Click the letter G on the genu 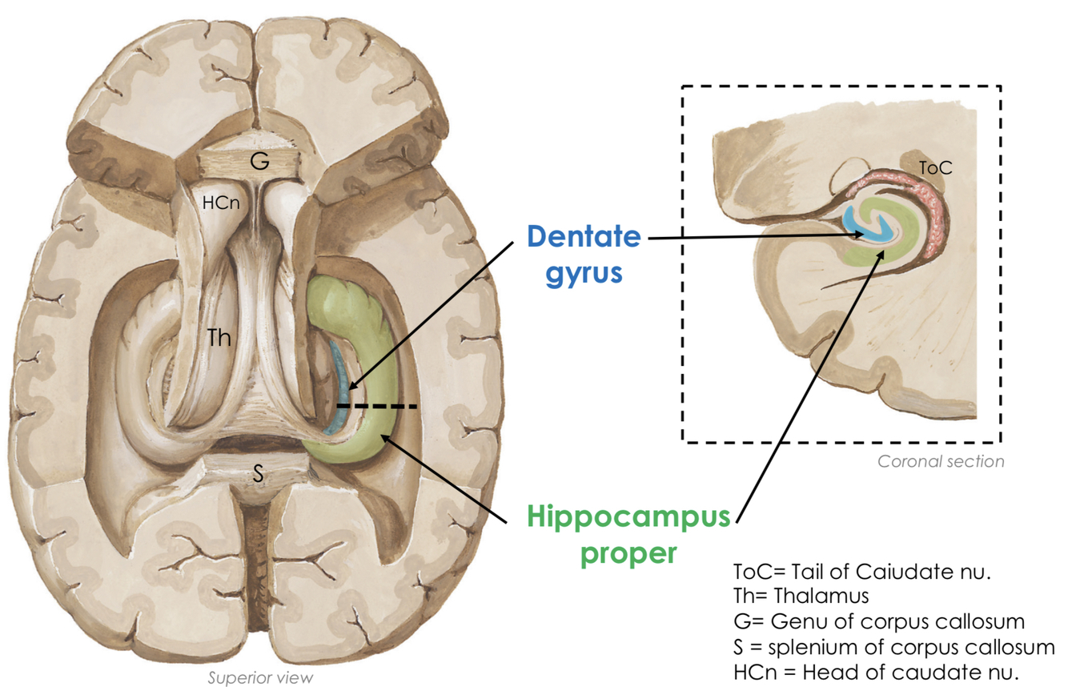tap(259, 162)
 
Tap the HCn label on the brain tap(219, 203)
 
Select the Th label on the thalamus tap(219, 338)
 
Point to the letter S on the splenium tap(258, 473)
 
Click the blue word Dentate tap(584, 237)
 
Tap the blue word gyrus tap(584, 273)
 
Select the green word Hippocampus tap(628, 518)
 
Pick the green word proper tap(628, 553)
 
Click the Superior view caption tap(260, 678)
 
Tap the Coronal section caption tap(941, 461)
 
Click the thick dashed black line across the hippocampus tap(377, 407)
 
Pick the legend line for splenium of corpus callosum tap(893, 647)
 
